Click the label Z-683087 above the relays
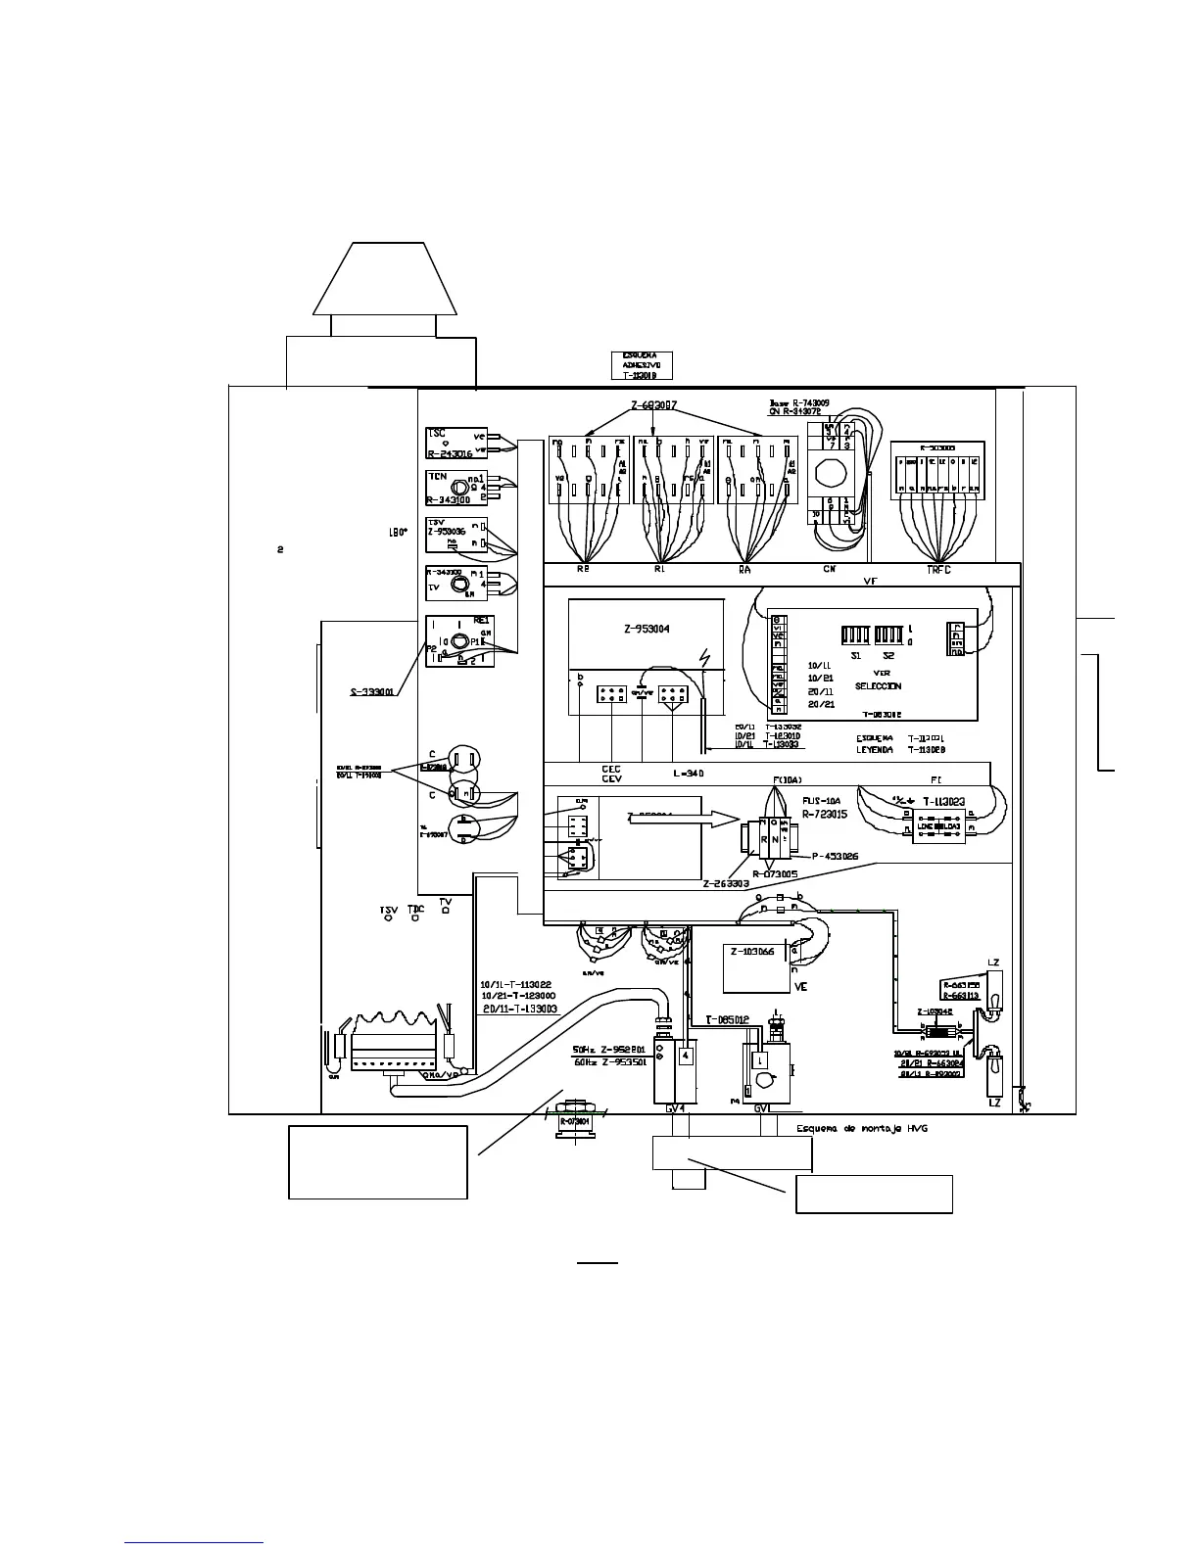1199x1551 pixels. click(x=652, y=405)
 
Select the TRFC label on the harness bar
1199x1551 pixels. click(x=938, y=569)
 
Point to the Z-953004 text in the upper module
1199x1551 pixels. click(x=647, y=629)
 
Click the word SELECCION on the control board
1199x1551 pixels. click(x=878, y=686)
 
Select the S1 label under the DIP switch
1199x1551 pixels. click(x=855, y=655)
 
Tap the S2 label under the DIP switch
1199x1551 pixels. click(x=888, y=655)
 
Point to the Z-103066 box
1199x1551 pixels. click(x=753, y=952)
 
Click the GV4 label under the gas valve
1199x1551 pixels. click(x=675, y=1109)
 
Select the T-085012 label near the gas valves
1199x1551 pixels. click(x=728, y=1019)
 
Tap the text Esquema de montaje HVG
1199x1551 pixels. click(x=862, y=1128)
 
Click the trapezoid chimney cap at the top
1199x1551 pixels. click(x=385, y=278)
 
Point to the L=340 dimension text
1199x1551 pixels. click(x=690, y=773)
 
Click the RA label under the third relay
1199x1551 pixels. click(x=743, y=569)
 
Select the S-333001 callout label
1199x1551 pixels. click(x=372, y=691)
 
